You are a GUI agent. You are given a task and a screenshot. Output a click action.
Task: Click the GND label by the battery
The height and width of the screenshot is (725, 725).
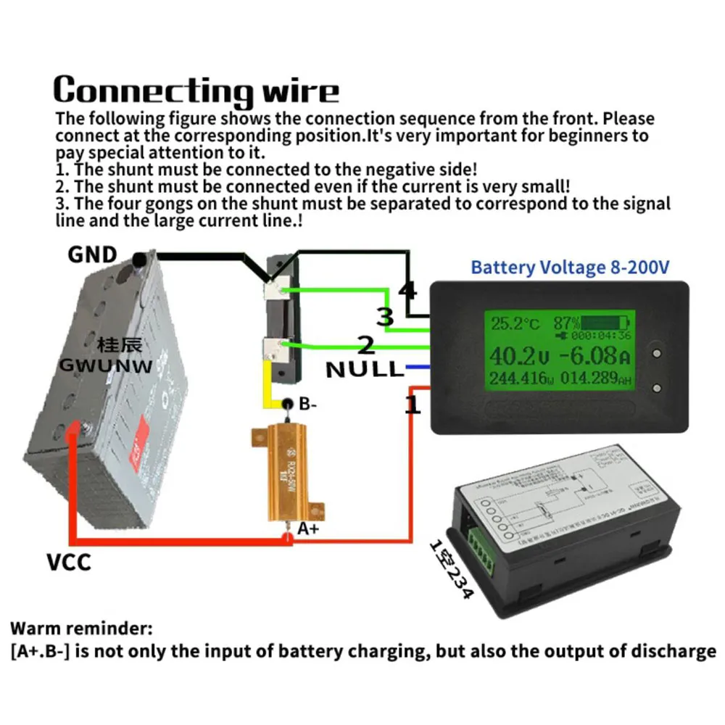92,254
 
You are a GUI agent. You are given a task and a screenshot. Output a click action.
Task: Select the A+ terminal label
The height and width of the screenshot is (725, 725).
308,529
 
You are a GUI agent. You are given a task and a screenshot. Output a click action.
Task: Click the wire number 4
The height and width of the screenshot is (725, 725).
407,291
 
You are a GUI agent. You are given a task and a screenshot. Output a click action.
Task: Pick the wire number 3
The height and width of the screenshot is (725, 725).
385,317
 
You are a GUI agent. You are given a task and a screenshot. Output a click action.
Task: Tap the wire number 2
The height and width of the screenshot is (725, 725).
367,346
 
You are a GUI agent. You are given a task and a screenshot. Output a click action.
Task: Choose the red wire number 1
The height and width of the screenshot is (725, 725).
412,405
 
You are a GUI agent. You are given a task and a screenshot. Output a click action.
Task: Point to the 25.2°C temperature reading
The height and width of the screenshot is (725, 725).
514,323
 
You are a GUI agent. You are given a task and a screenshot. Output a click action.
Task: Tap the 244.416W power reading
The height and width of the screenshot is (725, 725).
519,378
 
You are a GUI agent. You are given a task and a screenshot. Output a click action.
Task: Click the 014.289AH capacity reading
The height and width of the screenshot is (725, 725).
592,378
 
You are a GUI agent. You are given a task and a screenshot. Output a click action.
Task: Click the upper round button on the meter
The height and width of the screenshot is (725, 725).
657,354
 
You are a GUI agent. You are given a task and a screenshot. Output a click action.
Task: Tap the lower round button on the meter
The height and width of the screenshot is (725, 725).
657,388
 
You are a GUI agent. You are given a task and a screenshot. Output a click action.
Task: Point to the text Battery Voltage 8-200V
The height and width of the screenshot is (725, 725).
570,268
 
